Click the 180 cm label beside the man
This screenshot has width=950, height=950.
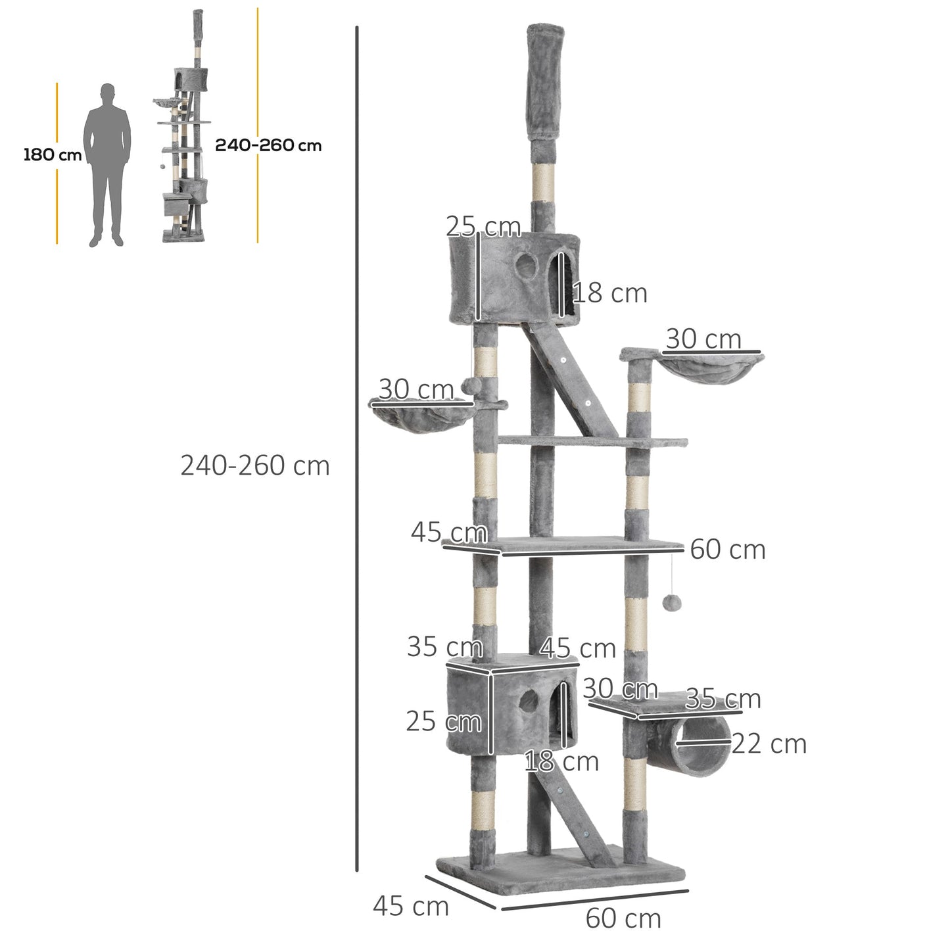coord(52,155)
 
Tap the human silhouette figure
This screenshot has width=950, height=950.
coord(107,164)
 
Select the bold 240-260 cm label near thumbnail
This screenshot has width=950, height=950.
coord(268,145)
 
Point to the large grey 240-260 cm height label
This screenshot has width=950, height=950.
coord(255,465)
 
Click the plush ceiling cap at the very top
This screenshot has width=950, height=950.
coord(545,79)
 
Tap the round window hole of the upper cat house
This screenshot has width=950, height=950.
coord(525,266)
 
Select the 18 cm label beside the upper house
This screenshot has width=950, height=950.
coord(609,293)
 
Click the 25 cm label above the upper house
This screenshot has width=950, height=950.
coord(483,227)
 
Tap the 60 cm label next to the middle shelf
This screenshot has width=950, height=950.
coord(728,550)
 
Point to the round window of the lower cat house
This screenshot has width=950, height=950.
coord(527,702)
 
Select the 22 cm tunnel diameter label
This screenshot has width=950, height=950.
coord(769,744)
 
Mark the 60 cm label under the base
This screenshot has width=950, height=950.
coord(623,918)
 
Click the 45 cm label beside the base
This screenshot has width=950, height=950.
coord(411,906)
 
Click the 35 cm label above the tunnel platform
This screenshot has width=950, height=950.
coord(723,699)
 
